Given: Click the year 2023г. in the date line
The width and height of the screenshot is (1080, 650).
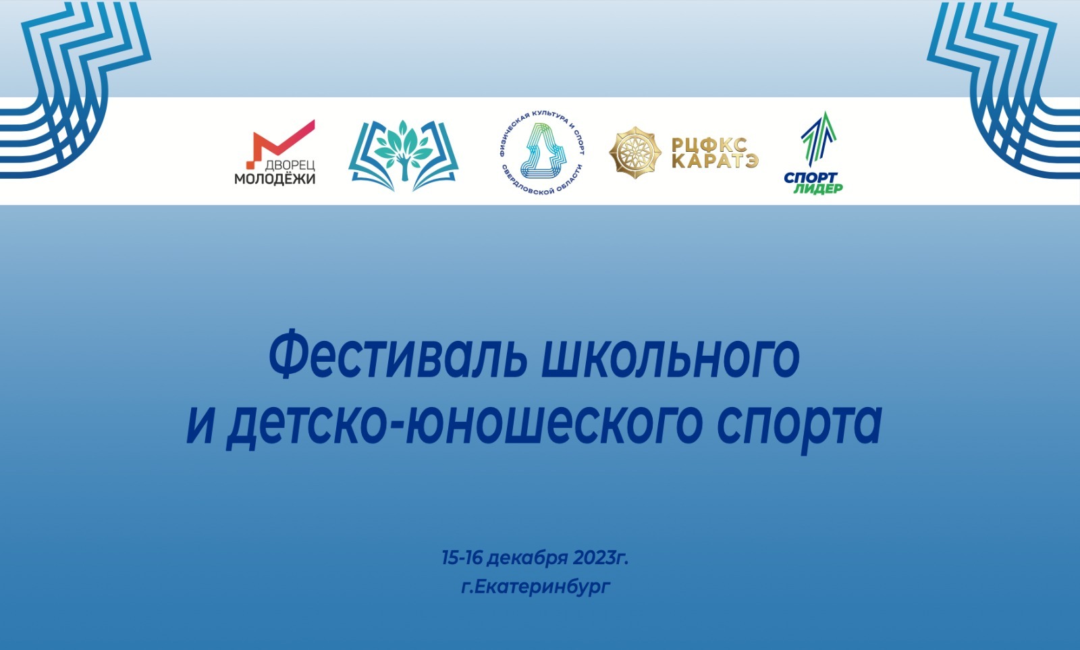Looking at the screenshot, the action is [x=601, y=558].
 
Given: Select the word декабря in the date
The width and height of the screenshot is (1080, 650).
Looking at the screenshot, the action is [x=528, y=559].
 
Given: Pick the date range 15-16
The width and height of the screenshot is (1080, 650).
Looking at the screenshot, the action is [x=462, y=558].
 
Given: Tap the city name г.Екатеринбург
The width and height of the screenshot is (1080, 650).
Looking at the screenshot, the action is [x=536, y=587].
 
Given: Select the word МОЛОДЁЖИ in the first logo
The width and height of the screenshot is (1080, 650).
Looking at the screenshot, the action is [x=275, y=179].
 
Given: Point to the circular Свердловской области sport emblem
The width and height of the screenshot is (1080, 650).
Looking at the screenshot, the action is [x=542, y=153].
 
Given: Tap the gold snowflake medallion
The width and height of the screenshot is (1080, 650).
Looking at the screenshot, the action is [x=635, y=153].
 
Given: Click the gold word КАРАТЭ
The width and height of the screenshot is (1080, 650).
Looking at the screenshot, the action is [x=715, y=161].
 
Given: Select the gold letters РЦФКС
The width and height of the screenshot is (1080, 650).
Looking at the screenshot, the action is [x=709, y=144].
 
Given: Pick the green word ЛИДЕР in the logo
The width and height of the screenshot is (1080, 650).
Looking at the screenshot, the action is [x=818, y=189].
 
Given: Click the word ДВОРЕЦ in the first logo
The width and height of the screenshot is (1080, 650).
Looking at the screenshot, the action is [x=290, y=165].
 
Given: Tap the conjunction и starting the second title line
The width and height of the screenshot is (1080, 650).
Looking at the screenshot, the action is [x=200, y=427].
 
